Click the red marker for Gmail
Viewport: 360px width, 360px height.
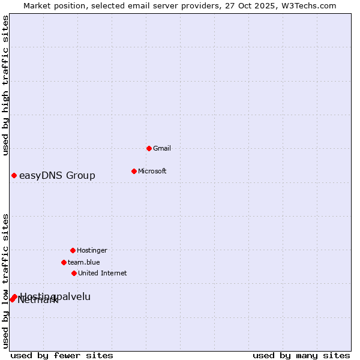coord(149,148)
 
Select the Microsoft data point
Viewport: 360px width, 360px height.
coord(134,171)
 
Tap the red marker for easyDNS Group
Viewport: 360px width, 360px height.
coord(14,175)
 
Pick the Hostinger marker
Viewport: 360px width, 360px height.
coord(73,250)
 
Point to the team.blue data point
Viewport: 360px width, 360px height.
coord(64,262)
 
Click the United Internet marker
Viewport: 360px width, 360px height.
coord(74,273)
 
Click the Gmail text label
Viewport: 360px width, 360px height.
coord(162,148)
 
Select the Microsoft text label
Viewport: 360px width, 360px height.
coord(152,171)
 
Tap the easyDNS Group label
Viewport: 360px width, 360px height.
coord(57,175)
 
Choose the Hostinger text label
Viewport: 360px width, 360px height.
coord(92,250)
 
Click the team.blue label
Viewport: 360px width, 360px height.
coord(84,262)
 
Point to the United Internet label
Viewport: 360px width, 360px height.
coord(103,273)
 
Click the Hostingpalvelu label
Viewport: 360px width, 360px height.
coord(56,296)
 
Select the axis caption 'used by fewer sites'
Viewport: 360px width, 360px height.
coord(62,355)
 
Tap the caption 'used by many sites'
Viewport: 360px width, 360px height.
coord(301,355)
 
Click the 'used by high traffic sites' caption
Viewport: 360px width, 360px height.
coord(5,85)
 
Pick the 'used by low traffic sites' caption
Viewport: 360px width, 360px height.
coord(5,281)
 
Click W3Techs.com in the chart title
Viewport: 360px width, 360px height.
coord(307,5)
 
